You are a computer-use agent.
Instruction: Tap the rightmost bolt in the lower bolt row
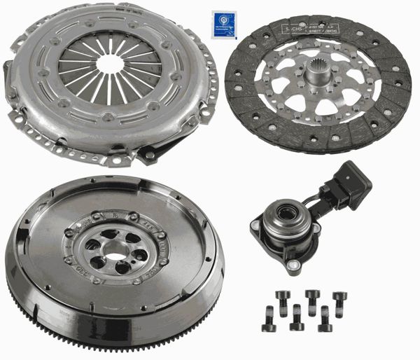point(323,319)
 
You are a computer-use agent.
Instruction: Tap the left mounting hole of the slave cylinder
point(253,224)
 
